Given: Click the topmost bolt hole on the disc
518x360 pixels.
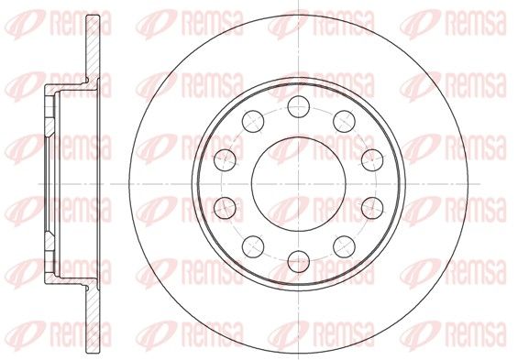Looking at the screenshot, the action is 298,106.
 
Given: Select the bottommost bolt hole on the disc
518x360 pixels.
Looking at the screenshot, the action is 299,261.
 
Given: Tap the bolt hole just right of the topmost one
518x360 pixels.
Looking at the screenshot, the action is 344,122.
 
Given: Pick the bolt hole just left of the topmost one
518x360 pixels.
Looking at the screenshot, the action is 253,122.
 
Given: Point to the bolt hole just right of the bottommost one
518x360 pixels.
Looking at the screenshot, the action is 344,246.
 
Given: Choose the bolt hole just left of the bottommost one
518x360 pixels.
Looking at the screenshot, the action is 253,246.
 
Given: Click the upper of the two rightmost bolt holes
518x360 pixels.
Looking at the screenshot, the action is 372,160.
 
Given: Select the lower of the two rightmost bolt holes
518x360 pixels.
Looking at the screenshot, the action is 372,208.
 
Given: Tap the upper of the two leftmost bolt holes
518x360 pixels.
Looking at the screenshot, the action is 225,160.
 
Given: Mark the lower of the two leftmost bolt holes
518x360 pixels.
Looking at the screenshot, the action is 225,208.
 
